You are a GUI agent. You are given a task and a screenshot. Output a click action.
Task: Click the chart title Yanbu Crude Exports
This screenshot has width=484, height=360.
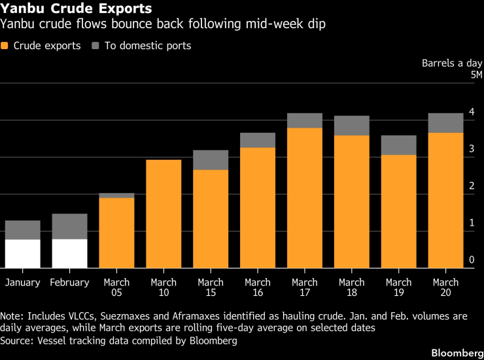pos(77,9)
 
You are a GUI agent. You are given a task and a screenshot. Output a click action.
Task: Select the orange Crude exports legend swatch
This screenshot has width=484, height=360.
pos(5,46)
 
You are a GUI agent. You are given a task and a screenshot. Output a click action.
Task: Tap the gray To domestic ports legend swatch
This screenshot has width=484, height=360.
pos(95,46)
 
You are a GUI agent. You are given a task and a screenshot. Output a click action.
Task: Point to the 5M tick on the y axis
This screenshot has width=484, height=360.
pos(476,75)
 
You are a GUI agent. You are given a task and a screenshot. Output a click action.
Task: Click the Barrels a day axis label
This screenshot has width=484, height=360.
pos(452,63)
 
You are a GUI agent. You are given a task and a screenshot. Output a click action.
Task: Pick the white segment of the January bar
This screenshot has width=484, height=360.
pos(22,254)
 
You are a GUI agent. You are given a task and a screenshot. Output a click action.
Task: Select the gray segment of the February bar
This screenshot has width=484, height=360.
pos(69,226)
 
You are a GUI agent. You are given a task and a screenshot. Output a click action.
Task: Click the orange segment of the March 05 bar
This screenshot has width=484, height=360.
pos(116,233)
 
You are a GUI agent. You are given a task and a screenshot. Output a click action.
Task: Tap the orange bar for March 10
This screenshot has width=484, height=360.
pos(164,214)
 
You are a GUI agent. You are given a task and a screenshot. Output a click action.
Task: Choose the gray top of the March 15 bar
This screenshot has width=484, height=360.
pos(211,160)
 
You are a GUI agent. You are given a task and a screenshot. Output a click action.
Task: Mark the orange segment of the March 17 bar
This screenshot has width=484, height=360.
pos(305,198)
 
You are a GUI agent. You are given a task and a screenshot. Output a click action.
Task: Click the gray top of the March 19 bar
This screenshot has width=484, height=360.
pos(399,145)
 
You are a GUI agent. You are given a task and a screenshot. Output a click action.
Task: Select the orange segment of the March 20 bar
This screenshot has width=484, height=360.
pos(446,200)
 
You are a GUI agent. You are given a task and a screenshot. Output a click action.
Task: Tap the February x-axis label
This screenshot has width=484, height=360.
pos(69,283)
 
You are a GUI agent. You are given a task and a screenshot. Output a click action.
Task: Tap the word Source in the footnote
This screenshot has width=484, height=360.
pos(16,341)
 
